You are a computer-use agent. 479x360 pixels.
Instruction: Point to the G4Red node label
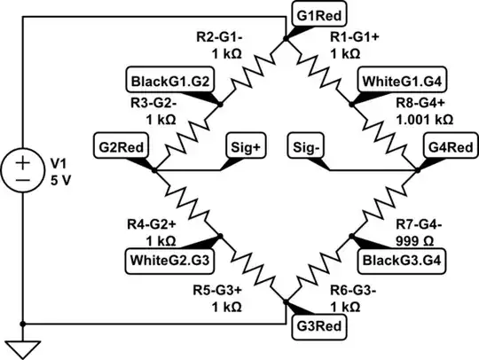(447, 145)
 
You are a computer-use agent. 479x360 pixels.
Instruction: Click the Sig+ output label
(246, 145)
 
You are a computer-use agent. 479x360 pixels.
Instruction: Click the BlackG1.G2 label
(169, 80)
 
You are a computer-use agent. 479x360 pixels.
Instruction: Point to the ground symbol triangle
(21, 347)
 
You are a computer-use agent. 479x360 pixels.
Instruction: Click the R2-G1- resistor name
(221, 37)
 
